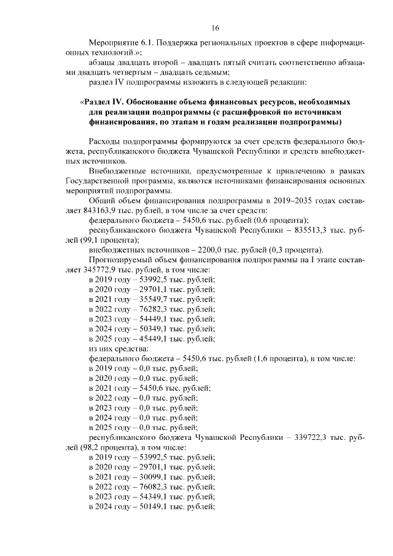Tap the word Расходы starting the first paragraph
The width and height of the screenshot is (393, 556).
click(105, 141)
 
